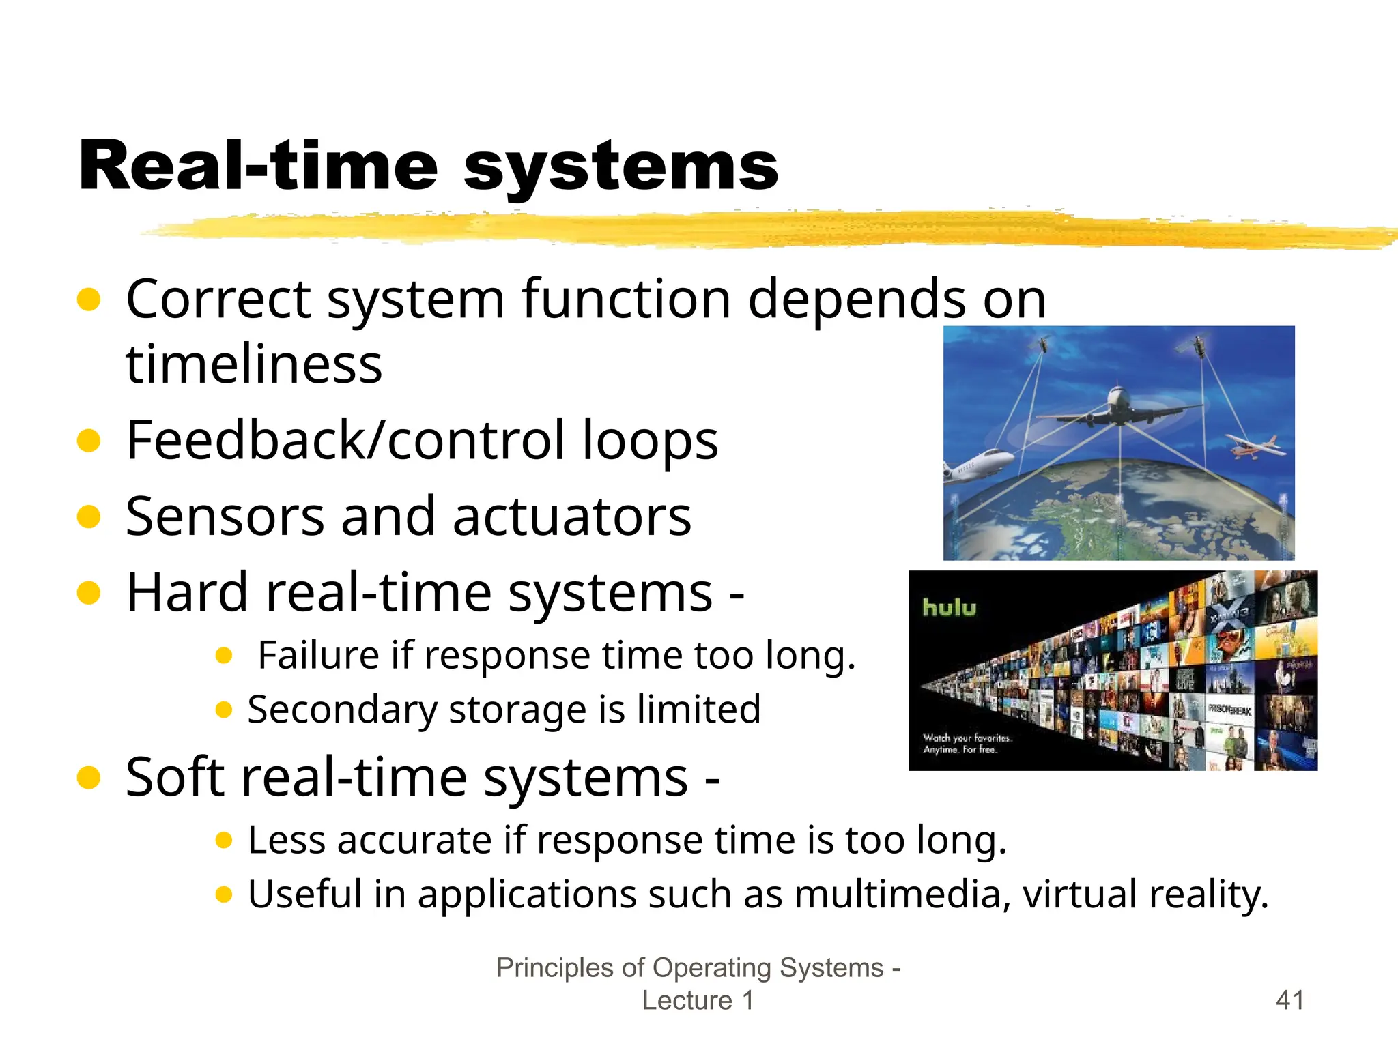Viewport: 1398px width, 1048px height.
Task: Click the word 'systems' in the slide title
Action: point(621,167)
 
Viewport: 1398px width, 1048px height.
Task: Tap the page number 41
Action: point(1289,1000)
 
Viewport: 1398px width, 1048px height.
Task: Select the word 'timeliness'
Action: point(254,364)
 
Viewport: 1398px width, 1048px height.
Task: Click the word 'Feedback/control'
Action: point(345,441)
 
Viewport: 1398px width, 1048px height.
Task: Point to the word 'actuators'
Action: point(572,516)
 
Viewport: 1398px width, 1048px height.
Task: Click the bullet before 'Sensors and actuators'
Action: point(89,516)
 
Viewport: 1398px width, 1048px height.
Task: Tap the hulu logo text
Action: point(949,607)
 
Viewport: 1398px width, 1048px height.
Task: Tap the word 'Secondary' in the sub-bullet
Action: point(341,710)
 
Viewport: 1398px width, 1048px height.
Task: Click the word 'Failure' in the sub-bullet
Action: point(317,655)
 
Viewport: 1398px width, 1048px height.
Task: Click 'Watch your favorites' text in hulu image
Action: point(967,738)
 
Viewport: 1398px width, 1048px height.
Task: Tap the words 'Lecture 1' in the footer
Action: point(698,1000)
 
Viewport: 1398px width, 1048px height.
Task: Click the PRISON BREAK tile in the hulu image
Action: point(1229,710)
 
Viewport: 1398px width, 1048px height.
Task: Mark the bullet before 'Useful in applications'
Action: point(224,894)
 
